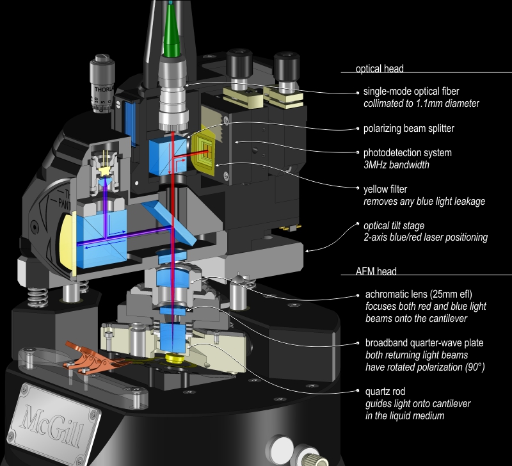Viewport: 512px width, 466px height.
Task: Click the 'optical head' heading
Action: (x=380, y=68)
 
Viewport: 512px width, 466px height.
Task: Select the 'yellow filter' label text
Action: (x=387, y=189)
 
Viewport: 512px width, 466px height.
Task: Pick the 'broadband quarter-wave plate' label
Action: (x=424, y=343)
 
